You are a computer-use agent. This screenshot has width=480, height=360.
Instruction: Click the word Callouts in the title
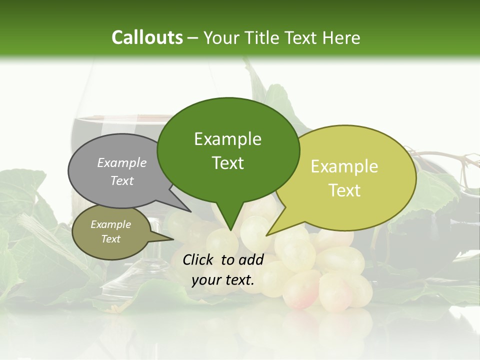coord(147,37)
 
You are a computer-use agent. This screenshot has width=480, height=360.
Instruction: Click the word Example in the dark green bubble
coord(227,139)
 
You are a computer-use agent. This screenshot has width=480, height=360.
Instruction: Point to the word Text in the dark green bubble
coord(227,163)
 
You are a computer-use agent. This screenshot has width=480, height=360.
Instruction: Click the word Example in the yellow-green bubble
coord(344,166)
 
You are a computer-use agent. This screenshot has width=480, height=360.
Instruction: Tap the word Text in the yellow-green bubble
coord(344,190)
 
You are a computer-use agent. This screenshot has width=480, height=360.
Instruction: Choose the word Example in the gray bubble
coord(122,162)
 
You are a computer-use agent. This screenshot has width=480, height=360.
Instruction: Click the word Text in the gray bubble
coord(122,180)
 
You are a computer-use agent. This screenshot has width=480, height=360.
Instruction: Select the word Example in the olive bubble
coord(111,224)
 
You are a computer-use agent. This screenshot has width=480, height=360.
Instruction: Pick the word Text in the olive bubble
coord(111,239)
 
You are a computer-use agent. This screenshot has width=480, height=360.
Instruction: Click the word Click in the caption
coord(198,259)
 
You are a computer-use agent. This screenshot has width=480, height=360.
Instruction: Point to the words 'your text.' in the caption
coord(223,280)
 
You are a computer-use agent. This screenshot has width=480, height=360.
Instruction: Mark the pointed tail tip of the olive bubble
coord(173,239)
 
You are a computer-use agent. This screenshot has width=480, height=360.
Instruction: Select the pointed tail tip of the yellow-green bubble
coord(266,235)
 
